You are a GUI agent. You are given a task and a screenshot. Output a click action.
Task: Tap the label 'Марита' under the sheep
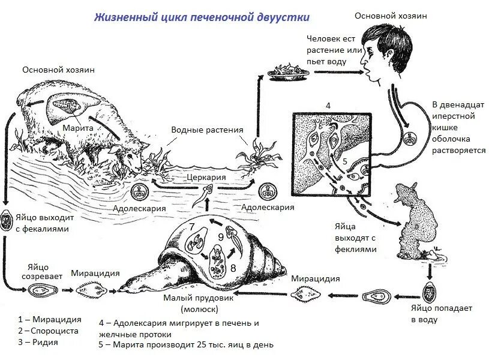tap(76, 128)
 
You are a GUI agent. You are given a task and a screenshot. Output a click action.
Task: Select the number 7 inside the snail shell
tap(192, 227)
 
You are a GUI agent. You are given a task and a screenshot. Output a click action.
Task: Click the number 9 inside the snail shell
tap(220, 237)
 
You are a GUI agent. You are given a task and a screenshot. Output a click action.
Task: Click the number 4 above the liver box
tap(328, 106)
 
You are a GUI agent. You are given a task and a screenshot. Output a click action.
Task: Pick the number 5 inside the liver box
tap(345, 161)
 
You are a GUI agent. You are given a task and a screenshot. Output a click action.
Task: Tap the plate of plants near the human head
tap(288, 72)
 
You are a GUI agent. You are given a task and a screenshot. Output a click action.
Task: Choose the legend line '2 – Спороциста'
tap(49, 331)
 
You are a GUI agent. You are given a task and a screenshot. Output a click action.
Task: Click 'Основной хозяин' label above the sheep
tap(58, 70)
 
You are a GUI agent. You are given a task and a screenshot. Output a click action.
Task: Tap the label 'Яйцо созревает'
tap(41, 272)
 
